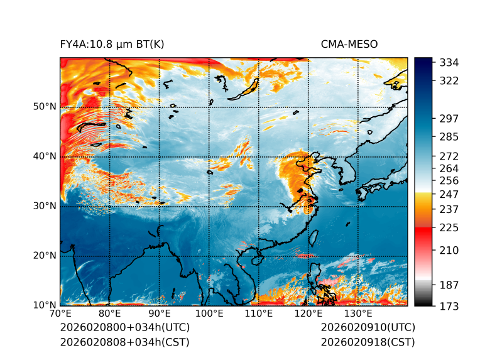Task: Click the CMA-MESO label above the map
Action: click(x=349, y=44)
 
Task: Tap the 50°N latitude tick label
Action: click(x=45, y=107)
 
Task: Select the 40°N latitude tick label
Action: click(x=45, y=156)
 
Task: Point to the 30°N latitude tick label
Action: click(x=45, y=206)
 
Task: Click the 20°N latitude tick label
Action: click(x=45, y=256)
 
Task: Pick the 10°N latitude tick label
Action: click(x=45, y=305)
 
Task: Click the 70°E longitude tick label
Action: click(x=60, y=314)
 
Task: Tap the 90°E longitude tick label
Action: click(x=160, y=314)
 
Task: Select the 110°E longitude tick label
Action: click(x=259, y=314)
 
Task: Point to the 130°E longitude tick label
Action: click(x=358, y=314)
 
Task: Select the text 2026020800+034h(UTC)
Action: click(x=124, y=328)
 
